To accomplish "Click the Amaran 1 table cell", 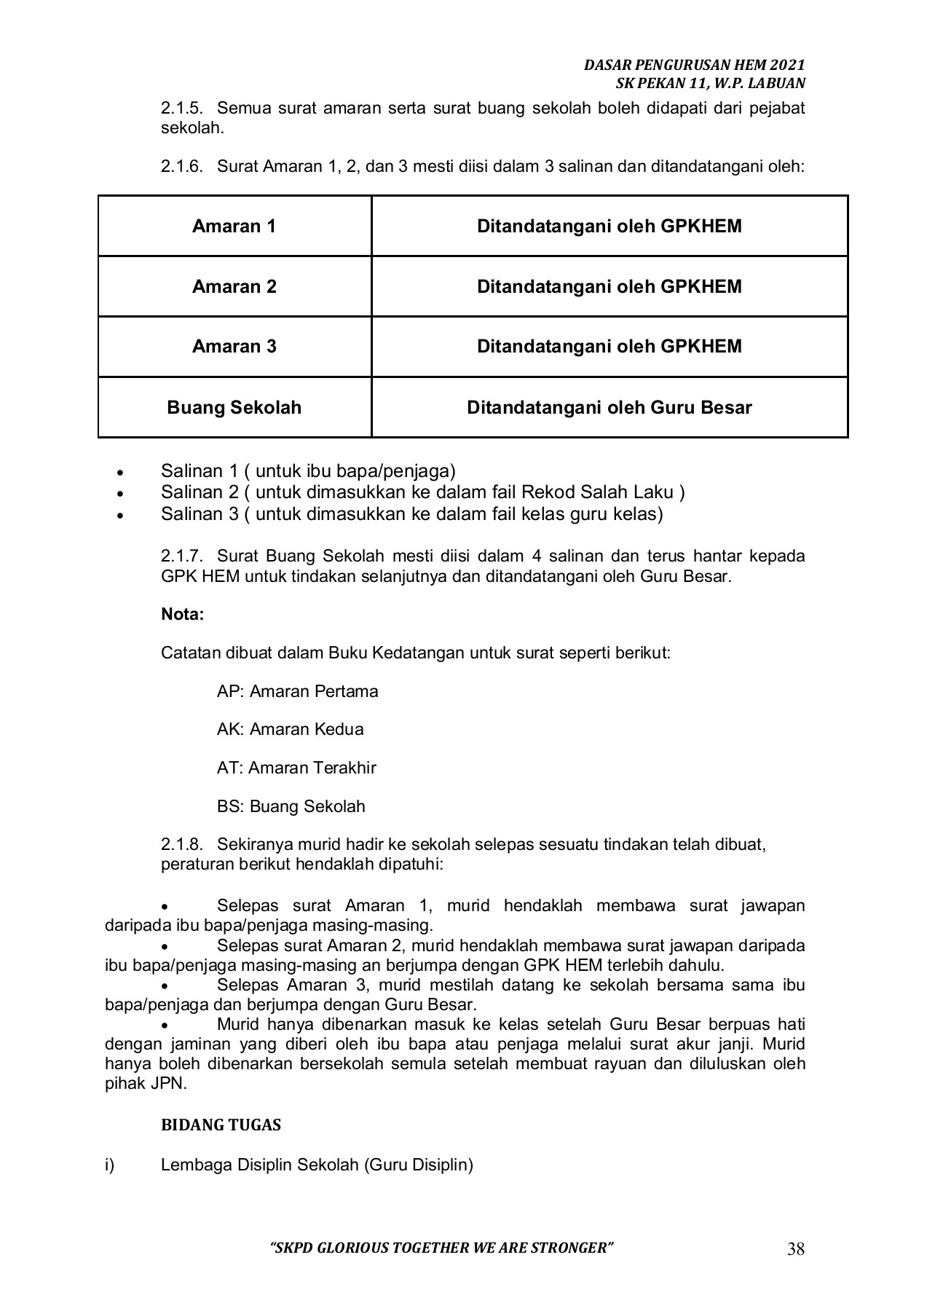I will pyautogui.click(x=234, y=227).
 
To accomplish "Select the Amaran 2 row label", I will pyautogui.click(x=234, y=287).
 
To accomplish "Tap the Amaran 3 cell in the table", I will pyautogui.click(x=234, y=347).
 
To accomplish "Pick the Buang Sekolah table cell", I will pyautogui.click(x=234, y=407).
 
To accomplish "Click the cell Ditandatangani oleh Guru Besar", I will pyautogui.click(x=609, y=407).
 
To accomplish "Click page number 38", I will pyautogui.click(x=796, y=1250).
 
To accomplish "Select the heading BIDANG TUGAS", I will pyautogui.click(x=221, y=1125).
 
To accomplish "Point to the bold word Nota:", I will pyautogui.click(x=182, y=615).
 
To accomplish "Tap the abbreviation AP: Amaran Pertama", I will pyautogui.click(x=297, y=691).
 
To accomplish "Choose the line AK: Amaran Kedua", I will pyautogui.click(x=290, y=730).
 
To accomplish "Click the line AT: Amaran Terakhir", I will pyautogui.click(x=296, y=768).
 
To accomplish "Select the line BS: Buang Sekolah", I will pyautogui.click(x=291, y=807).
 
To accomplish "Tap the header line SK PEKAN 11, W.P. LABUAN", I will pyautogui.click(x=710, y=84).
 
